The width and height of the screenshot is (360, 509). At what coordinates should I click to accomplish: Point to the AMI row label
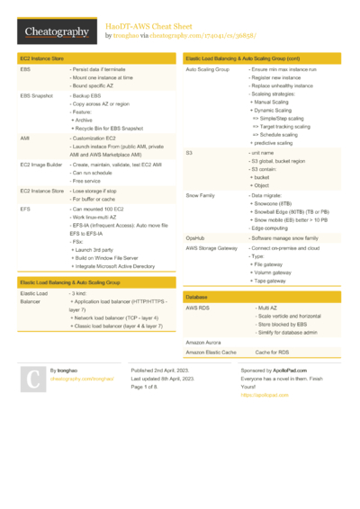[24, 138]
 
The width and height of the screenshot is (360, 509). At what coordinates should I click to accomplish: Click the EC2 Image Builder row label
[40, 165]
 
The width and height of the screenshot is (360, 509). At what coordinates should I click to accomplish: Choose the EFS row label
[25, 208]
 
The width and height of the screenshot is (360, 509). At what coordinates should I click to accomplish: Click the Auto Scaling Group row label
[208, 68]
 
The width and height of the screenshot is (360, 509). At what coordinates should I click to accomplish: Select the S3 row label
[190, 153]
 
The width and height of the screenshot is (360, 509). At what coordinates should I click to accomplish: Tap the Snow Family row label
[200, 194]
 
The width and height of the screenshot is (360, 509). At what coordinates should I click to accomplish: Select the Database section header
[197, 296]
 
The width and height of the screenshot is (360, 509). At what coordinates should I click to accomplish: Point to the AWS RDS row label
[199, 308]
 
